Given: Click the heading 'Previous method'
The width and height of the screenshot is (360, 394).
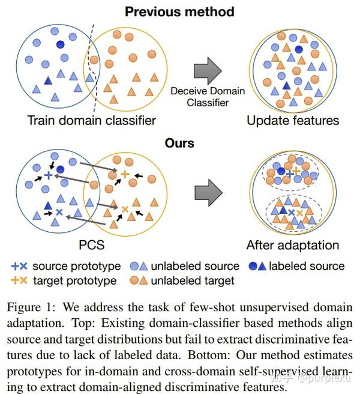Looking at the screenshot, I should click(180, 11).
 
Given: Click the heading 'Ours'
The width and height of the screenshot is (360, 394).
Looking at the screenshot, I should click(180, 144).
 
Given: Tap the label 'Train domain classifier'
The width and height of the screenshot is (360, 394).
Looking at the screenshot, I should click(91, 120).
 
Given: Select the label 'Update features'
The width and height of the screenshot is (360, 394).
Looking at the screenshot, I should click(293, 120).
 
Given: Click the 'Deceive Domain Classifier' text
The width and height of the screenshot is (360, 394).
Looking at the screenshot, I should click(208, 97).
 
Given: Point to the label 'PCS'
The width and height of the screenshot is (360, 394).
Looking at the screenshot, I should click(92, 245).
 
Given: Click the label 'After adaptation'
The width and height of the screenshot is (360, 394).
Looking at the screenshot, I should click(293, 245).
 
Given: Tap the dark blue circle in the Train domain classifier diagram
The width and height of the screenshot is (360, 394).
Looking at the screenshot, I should click(60, 44).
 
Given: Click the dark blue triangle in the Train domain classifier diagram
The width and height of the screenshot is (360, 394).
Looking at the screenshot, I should click(49, 80).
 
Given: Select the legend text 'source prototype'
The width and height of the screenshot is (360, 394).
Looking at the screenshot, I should click(76, 266).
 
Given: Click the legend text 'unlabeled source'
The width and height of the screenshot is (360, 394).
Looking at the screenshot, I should click(194, 266).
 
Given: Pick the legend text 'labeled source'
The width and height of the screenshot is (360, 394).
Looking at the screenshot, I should click(307, 266).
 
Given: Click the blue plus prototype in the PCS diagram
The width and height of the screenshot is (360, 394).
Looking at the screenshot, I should click(49, 175).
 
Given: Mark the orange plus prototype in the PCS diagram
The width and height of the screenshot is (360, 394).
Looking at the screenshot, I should click(125, 174).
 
